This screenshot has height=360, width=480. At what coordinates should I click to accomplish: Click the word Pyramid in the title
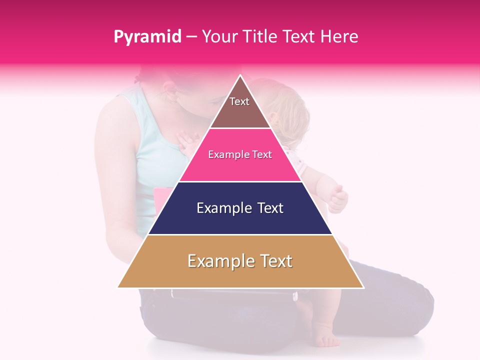[147, 37]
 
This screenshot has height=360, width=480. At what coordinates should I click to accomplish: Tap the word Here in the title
[339, 37]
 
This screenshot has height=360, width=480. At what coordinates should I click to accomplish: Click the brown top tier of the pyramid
[240, 112]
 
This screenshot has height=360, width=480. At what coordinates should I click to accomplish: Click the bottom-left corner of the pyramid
[119, 287]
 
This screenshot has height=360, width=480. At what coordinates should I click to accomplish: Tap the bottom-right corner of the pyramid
[362, 287]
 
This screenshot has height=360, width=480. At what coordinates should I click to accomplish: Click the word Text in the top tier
[239, 101]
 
